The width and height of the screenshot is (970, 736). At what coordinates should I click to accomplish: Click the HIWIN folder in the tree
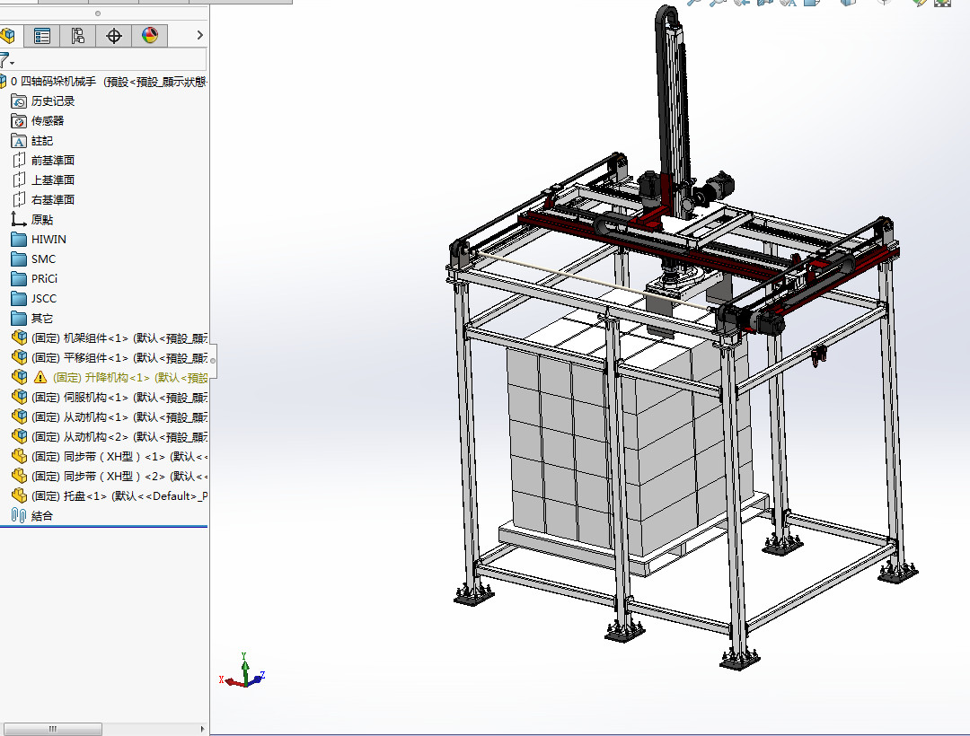[x=48, y=240]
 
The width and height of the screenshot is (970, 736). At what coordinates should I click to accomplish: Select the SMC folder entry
[x=43, y=259]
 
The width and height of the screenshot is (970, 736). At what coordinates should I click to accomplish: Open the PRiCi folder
[x=44, y=279]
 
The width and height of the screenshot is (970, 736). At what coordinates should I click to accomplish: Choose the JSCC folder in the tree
[x=44, y=299]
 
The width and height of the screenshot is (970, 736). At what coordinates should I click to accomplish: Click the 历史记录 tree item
[x=53, y=101]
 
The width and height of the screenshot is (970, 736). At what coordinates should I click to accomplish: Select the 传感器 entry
[x=48, y=121]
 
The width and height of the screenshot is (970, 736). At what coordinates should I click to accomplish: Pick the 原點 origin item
[x=42, y=220]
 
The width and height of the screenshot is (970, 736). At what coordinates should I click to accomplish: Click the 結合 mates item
[x=42, y=516]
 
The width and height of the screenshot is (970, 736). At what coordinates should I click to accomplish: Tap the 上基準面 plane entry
[x=53, y=180]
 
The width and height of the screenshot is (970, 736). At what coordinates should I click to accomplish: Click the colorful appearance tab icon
[x=149, y=36]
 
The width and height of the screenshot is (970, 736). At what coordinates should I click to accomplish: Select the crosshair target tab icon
[x=114, y=36]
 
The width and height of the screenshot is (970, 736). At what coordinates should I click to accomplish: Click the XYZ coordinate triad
[x=243, y=675]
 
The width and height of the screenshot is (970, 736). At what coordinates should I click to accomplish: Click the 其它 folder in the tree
[x=42, y=319]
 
